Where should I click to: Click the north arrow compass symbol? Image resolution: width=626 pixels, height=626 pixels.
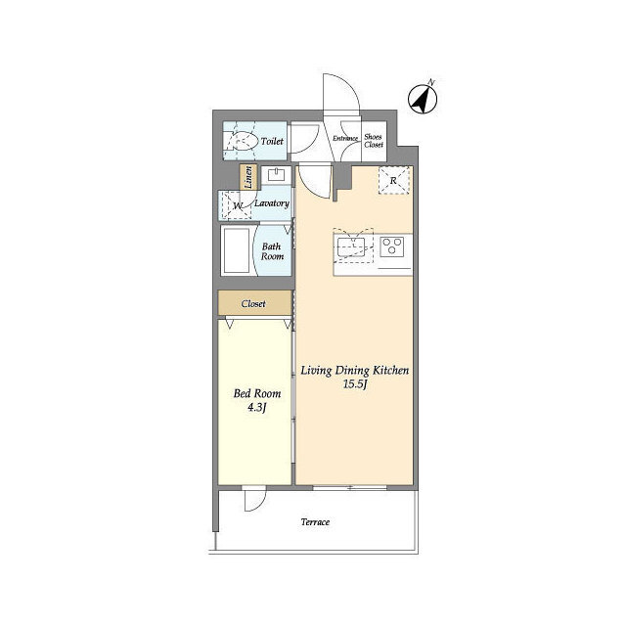coord(423,98)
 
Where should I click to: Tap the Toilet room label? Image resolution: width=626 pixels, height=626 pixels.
coord(272,141)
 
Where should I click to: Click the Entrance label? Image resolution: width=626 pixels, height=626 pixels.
coord(345,138)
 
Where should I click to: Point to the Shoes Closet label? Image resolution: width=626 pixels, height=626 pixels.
coord(374,141)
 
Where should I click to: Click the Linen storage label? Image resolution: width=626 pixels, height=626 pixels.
coord(248,177)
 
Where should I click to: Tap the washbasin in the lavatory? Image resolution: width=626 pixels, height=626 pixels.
coord(276,175)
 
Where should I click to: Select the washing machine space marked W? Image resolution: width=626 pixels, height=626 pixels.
coord(237,205)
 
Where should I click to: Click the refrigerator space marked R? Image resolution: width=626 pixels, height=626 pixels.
coord(393,180)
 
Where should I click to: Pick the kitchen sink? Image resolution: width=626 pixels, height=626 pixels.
coord(351,247)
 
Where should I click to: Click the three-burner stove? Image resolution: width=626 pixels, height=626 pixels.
coord(392,246)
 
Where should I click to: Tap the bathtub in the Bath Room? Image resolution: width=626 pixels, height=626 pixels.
coord(237,250)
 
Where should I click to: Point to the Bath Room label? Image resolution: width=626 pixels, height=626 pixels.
coord(272,251)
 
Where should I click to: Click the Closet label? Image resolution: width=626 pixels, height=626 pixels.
coord(253,304)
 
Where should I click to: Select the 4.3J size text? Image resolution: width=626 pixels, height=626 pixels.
coord(256,408)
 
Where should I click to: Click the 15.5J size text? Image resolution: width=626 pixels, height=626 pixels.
coord(355,384)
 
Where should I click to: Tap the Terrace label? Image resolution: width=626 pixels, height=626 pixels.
coord(315,521)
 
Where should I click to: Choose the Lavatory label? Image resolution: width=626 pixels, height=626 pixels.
coord(272,203)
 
